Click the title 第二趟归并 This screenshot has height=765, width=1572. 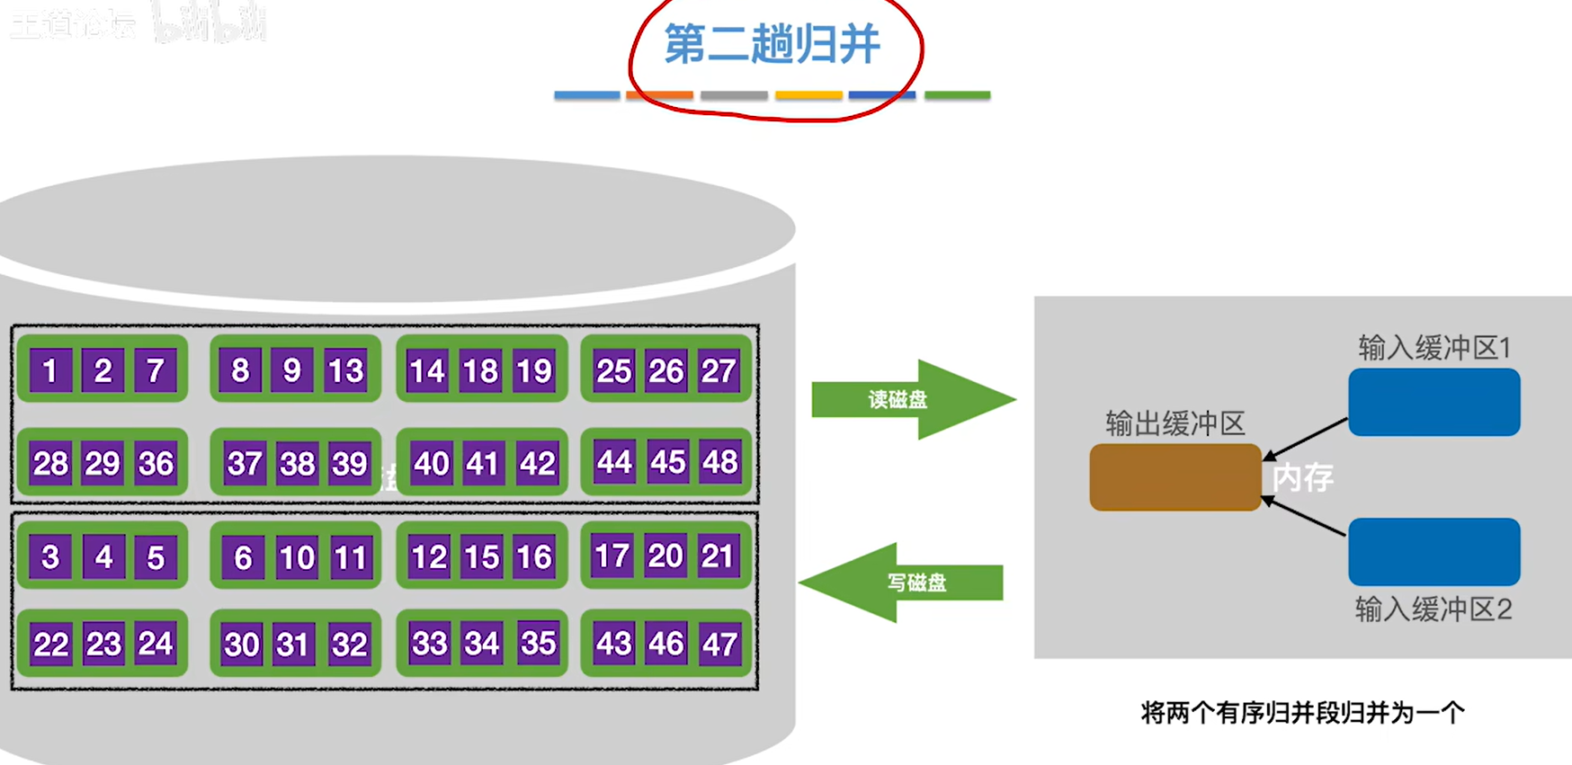[x=772, y=44]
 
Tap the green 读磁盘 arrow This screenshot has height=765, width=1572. [x=908, y=399]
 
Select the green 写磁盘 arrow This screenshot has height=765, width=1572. [x=904, y=583]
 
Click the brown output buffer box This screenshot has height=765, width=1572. [x=1175, y=477]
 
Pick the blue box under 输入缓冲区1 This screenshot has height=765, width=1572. [x=1434, y=402]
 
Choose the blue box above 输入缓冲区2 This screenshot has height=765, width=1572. [x=1434, y=551]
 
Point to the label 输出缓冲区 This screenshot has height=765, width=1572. [x=1175, y=423]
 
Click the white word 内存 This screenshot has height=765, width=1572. [x=1302, y=477]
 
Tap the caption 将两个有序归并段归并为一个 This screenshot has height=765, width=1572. [x=1302, y=713]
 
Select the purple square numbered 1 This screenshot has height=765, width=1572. [x=50, y=370]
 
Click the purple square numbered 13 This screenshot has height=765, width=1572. [x=346, y=370]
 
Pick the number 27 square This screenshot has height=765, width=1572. [x=719, y=370]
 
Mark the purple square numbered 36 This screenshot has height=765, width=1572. [x=156, y=463]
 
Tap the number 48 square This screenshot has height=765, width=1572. [x=719, y=462]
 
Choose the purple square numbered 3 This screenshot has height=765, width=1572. [x=50, y=557]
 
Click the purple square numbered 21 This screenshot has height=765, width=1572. [x=718, y=556]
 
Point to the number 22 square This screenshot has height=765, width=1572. [x=50, y=644]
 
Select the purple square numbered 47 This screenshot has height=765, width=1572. [x=719, y=644]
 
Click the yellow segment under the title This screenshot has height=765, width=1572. [x=808, y=94]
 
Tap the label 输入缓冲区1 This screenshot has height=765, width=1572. [x=1434, y=348]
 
